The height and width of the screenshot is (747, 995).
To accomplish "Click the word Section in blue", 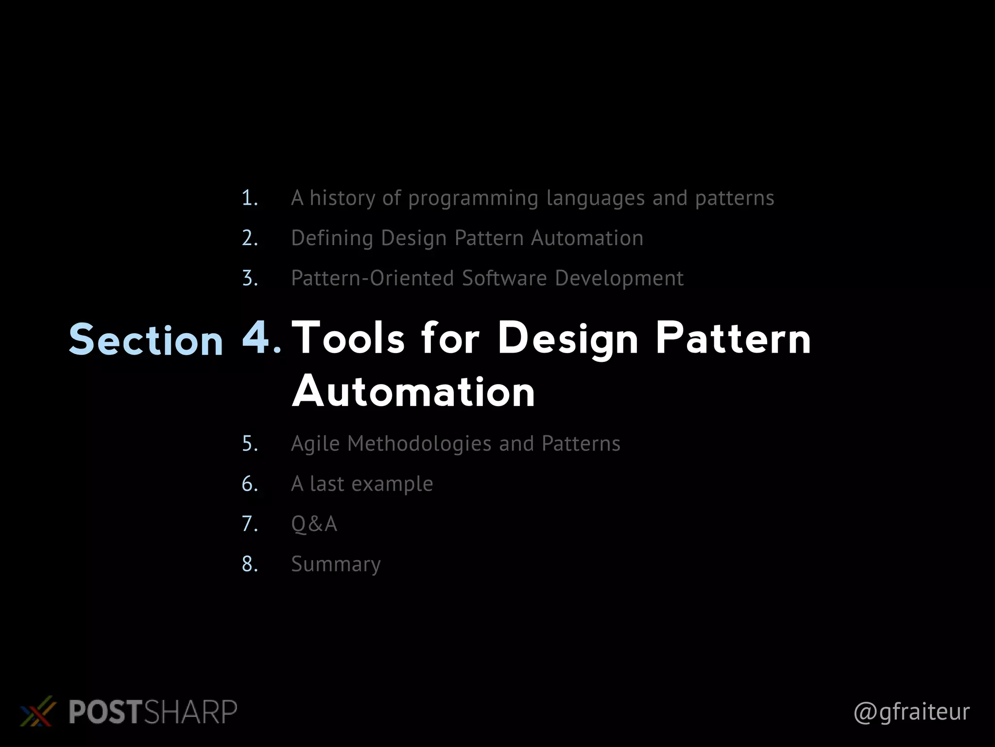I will [x=146, y=340].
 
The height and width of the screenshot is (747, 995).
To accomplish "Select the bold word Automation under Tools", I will [x=413, y=392].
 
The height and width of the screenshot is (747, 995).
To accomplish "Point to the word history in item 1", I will [x=343, y=198].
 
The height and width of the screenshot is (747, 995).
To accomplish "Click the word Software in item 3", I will [x=504, y=279].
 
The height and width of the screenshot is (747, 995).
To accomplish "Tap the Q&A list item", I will [x=314, y=524].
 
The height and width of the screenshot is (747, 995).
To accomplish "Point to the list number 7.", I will [x=249, y=524].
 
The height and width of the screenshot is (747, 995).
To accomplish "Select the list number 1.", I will [x=249, y=198].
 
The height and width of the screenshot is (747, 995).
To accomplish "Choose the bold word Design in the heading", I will [x=567, y=339].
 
